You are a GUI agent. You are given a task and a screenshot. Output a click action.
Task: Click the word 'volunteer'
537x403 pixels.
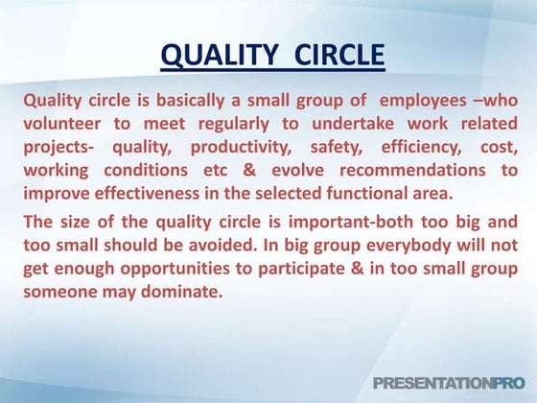(x=64, y=126)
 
